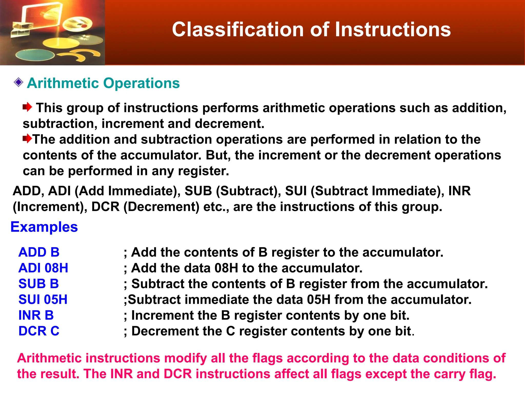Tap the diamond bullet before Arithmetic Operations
(x=18, y=83)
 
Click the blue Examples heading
(x=44, y=227)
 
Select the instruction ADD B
(x=39, y=252)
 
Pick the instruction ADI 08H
(x=43, y=268)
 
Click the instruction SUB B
(x=39, y=284)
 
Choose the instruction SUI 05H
(x=43, y=299)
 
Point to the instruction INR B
(x=36, y=315)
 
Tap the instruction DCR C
(x=39, y=331)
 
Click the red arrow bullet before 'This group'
(x=27, y=107)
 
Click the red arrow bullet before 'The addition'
(x=27, y=139)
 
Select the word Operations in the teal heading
(x=141, y=83)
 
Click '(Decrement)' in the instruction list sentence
(x=161, y=207)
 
